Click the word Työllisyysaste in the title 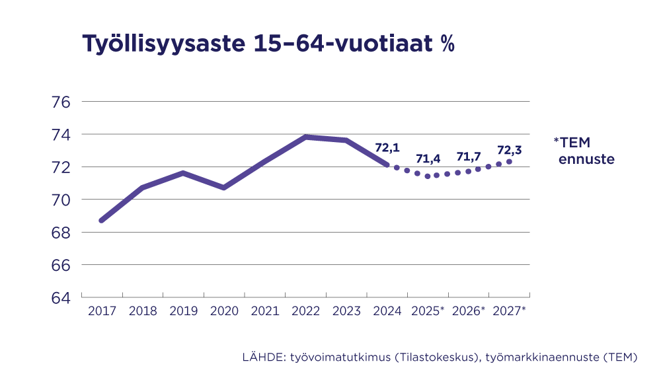tap(163, 44)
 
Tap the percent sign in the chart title tap(447, 44)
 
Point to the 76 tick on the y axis tap(60, 102)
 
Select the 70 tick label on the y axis tap(60, 200)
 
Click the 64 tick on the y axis tap(60, 297)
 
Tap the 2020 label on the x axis tap(224, 311)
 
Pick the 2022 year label tap(305, 311)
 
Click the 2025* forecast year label tap(428, 311)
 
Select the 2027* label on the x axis tap(510, 311)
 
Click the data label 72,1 tap(387, 147)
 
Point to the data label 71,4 tap(428, 159)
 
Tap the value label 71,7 tap(469, 157)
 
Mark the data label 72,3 tap(509, 150)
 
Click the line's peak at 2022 tap(305, 137)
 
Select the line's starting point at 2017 tap(101, 220)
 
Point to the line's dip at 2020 tap(224, 188)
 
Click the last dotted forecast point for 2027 tap(509, 162)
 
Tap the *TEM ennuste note tap(584, 151)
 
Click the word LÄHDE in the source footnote tap(263, 357)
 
